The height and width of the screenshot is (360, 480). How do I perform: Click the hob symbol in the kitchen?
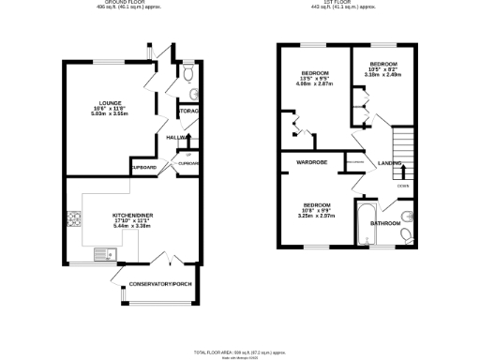[73, 221]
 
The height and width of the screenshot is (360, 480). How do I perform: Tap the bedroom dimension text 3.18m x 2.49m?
[378, 75]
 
